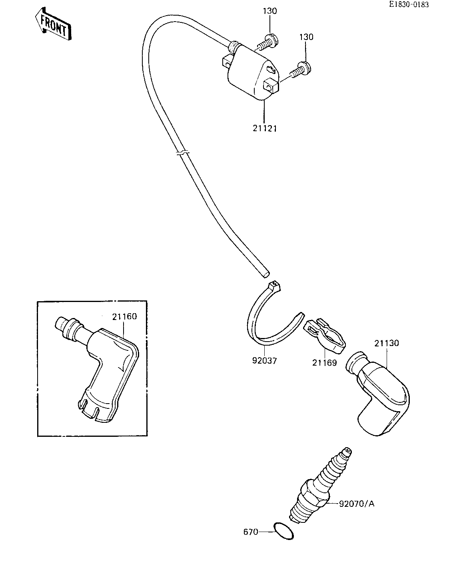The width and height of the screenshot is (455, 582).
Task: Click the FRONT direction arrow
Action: point(54,24)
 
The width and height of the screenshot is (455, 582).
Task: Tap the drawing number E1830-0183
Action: point(409,4)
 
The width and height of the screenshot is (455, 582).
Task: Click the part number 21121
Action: point(265,128)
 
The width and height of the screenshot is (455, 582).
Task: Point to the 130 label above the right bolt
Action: point(306,37)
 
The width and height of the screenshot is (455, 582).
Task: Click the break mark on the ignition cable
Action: point(183,153)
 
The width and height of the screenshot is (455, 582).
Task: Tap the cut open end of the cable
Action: point(266,274)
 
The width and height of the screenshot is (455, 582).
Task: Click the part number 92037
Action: point(264,361)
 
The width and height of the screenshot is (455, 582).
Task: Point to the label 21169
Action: point(324,363)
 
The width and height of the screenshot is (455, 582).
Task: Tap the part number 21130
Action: point(387,343)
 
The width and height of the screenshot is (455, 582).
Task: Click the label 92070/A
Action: point(357,504)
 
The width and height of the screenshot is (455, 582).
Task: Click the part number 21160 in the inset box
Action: point(124,316)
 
